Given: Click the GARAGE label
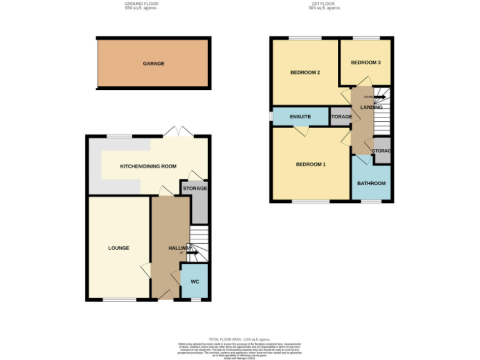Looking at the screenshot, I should pyautogui.click(x=153, y=64).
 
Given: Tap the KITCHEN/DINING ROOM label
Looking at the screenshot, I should pyautogui.click(x=148, y=167).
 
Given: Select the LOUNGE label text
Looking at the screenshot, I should pyautogui.click(x=118, y=248).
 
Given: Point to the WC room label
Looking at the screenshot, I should pyautogui.click(x=194, y=282).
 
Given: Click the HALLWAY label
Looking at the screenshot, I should pyautogui.click(x=180, y=248).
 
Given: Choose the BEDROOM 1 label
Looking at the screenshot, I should pyautogui.click(x=311, y=164).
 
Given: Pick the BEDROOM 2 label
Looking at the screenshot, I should pyautogui.click(x=305, y=72).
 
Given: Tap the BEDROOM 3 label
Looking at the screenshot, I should pyautogui.click(x=365, y=62).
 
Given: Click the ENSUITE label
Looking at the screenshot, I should pyautogui.click(x=300, y=117).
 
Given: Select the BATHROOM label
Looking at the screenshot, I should pyautogui.click(x=371, y=183).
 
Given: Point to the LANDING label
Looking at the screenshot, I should pyautogui.click(x=371, y=107).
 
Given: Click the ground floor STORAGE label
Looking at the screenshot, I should pyautogui.click(x=195, y=188).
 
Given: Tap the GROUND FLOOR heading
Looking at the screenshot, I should pyautogui.click(x=141, y=4).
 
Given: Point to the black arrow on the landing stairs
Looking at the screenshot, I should pyautogui.click(x=379, y=97).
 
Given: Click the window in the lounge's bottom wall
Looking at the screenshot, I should pyautogui.click(x=119, y=300).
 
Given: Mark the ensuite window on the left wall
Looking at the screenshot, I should pyautogui.click(x=271, y=117).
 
